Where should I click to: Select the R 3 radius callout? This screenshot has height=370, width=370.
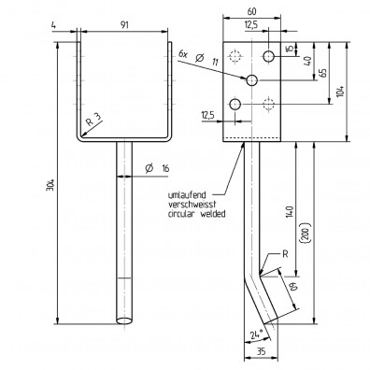pyautogui.click(x=90, y=121)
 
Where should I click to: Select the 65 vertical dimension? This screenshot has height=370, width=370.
pyautogui.click(x=322, y=72)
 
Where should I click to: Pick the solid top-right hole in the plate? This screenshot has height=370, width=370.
pyautogui.click(x=268, y=57)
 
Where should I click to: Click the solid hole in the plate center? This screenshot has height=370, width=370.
pyautogui.click(x=251, y=81)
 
